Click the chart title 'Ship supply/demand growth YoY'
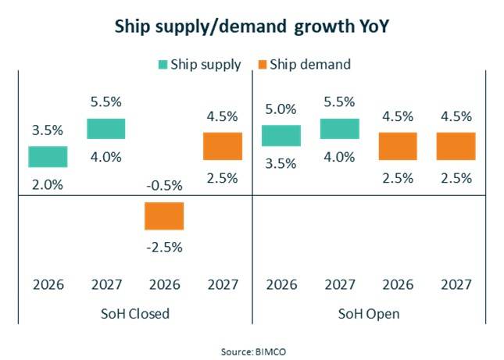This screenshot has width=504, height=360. tap(252, 26)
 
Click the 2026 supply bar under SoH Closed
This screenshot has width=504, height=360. tap(48, 156)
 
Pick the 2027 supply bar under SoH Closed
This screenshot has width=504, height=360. tap(105, 129)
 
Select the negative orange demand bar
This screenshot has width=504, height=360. tap(164, 216)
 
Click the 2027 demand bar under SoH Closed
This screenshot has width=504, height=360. tap(223, 146)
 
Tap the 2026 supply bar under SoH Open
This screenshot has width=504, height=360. tap(281, 135)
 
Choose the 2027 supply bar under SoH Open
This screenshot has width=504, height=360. tap(339, 129)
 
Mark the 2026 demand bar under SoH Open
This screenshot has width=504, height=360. tap(398, 146)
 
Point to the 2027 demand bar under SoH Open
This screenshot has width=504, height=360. tap(456, 146)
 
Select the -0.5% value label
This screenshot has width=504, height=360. tap(164, 185)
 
